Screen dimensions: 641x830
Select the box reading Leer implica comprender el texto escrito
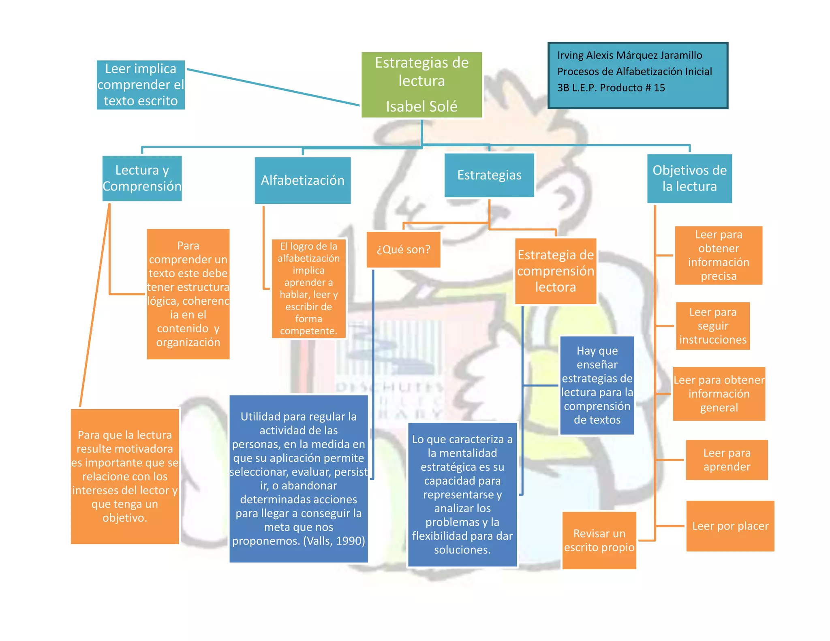coord(141,85)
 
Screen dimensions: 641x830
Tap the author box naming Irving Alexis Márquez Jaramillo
coord(637,75)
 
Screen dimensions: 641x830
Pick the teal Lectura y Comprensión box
coord(142,178)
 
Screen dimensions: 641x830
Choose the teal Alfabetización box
coord(302,180)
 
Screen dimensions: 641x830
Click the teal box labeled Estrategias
coord(489,175)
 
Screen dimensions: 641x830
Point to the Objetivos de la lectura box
coord(689,178)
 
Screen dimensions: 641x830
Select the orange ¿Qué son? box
coord(403,249)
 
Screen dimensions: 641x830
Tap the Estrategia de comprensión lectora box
coord(556,271)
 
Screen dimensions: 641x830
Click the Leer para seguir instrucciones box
coord(712,326)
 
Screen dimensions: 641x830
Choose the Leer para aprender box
coord(727,459)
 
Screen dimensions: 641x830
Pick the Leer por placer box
coord(730,526)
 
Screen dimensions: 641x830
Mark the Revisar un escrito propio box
coord(599,540)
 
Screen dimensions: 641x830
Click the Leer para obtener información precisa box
coord(719,255)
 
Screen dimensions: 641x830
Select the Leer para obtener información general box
coord(719,393)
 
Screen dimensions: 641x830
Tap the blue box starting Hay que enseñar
coord(597,385)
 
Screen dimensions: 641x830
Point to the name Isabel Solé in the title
coord(421,107)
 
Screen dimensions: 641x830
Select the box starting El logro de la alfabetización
coord(308,288)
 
